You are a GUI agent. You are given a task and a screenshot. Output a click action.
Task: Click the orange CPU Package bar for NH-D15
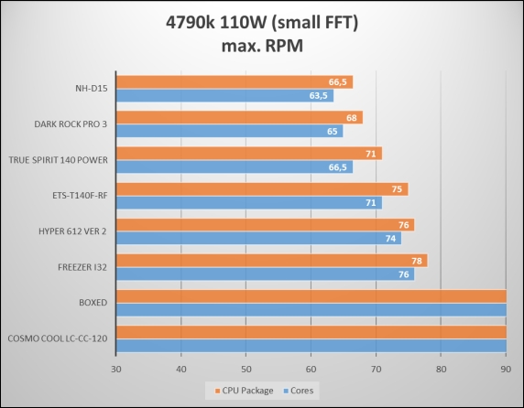[235, 82]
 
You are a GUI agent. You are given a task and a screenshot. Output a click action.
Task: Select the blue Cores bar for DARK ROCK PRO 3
[230, 131]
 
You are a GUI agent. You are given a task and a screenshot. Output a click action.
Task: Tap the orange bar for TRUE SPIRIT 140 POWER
[249, 154]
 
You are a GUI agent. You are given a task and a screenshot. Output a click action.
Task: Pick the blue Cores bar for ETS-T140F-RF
[249, 203]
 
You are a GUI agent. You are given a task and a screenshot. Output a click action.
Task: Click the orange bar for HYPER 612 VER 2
[266, 225]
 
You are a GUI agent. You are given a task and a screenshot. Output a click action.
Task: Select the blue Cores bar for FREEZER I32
[266, 274]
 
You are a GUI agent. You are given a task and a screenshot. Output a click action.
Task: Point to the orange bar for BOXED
[311, 296]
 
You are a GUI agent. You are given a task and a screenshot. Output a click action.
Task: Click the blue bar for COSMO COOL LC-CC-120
[311, 346]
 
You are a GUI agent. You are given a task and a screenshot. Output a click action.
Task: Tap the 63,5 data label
[319, 96]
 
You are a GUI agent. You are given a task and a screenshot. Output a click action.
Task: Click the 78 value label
[417, 261]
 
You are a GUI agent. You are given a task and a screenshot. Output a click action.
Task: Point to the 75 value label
[397, 189]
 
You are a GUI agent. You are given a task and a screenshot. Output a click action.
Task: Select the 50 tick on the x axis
[246, 370]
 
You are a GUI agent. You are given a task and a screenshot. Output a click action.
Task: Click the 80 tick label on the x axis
[442, 370]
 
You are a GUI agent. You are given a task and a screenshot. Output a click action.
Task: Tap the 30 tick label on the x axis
[116, 370]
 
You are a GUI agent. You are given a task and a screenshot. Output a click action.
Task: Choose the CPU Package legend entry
[245, 391]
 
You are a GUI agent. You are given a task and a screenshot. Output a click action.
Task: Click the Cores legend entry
[299, 391]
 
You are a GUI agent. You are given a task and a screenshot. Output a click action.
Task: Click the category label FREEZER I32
[82, 267]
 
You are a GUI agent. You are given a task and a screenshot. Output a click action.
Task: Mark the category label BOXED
[93, 303]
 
